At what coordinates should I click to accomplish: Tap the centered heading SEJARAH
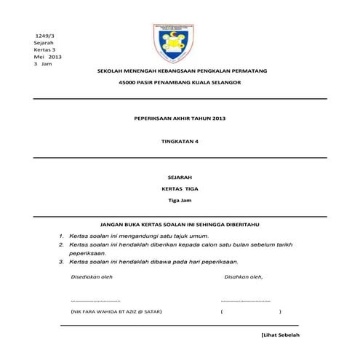(x=179, y=176)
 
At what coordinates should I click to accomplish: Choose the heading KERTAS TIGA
(x=179, y=188)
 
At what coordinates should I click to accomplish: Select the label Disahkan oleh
(x=244, y=277)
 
